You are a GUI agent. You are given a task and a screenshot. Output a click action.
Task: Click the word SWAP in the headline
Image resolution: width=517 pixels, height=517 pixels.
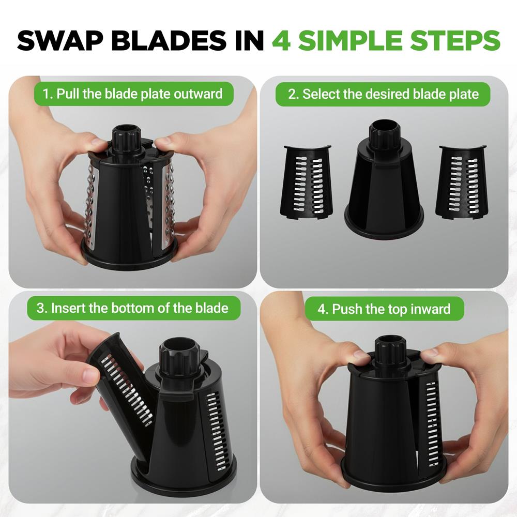click(59, 40)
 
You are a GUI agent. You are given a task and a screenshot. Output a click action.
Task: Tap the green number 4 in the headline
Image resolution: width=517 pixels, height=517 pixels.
click(281, 40)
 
